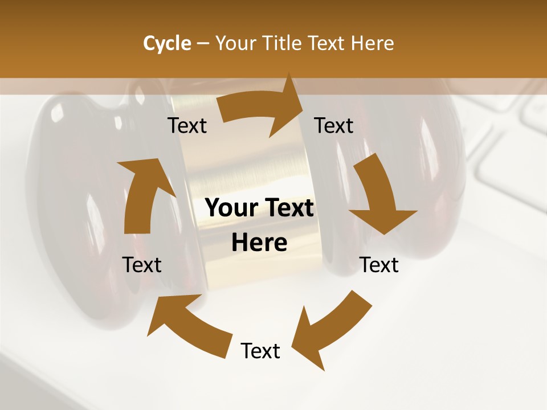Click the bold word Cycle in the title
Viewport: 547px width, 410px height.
click(x=167, y=43)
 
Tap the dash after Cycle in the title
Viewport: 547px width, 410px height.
click(x=203, y=44)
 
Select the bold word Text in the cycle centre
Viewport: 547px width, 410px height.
click(x=288, y=208)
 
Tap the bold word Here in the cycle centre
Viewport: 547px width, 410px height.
click(x=259, y=243)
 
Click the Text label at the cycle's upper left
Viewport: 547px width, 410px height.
click(x=187, y=125)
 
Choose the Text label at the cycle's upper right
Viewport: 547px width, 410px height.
click(x=334, y=125)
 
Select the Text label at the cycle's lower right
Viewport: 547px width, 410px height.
click(x=379, y=265)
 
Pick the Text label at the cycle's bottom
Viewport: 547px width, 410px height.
click(x=260, y=351)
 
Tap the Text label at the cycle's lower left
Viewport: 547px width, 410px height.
click(x=142, y=265)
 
